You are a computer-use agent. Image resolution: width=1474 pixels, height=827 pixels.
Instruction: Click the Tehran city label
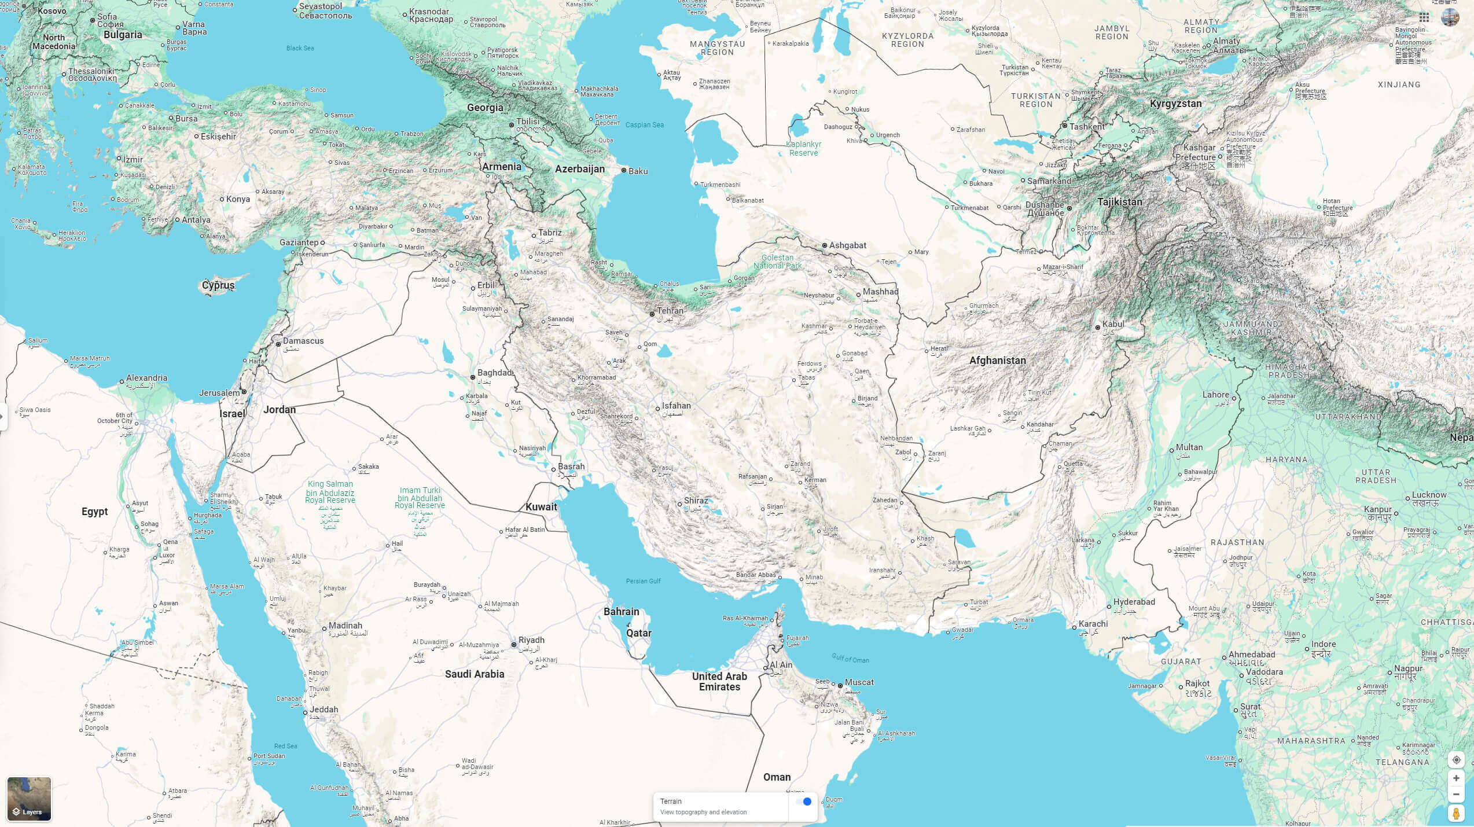670,311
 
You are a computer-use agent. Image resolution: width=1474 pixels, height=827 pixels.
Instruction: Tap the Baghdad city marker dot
473,377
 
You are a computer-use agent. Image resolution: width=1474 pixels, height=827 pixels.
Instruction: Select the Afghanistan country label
997,361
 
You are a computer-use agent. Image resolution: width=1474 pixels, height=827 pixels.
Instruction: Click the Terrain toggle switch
803,802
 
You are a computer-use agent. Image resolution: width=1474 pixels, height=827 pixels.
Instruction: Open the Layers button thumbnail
29,799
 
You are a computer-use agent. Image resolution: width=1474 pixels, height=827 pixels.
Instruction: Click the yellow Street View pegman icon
1456,813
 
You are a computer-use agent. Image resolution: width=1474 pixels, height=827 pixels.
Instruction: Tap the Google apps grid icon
1424,17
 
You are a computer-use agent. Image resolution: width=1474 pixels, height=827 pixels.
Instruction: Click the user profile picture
1450,17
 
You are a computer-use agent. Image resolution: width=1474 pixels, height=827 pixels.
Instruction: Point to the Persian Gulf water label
643,581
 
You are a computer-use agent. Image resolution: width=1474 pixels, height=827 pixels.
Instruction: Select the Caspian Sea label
644,125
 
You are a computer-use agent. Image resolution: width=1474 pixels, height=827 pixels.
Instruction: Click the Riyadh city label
531,640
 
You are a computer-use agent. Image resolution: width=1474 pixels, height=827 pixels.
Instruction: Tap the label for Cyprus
218,285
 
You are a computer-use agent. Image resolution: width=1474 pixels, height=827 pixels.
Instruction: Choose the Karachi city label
1093,624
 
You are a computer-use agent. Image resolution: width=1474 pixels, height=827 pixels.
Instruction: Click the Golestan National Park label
777,262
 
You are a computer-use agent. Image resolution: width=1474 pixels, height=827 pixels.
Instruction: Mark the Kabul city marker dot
1097,328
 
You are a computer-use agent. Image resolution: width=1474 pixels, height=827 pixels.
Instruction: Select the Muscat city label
859,682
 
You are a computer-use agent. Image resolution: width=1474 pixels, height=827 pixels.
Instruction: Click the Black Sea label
300,48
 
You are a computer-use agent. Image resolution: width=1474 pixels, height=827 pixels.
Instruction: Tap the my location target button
1456,760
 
